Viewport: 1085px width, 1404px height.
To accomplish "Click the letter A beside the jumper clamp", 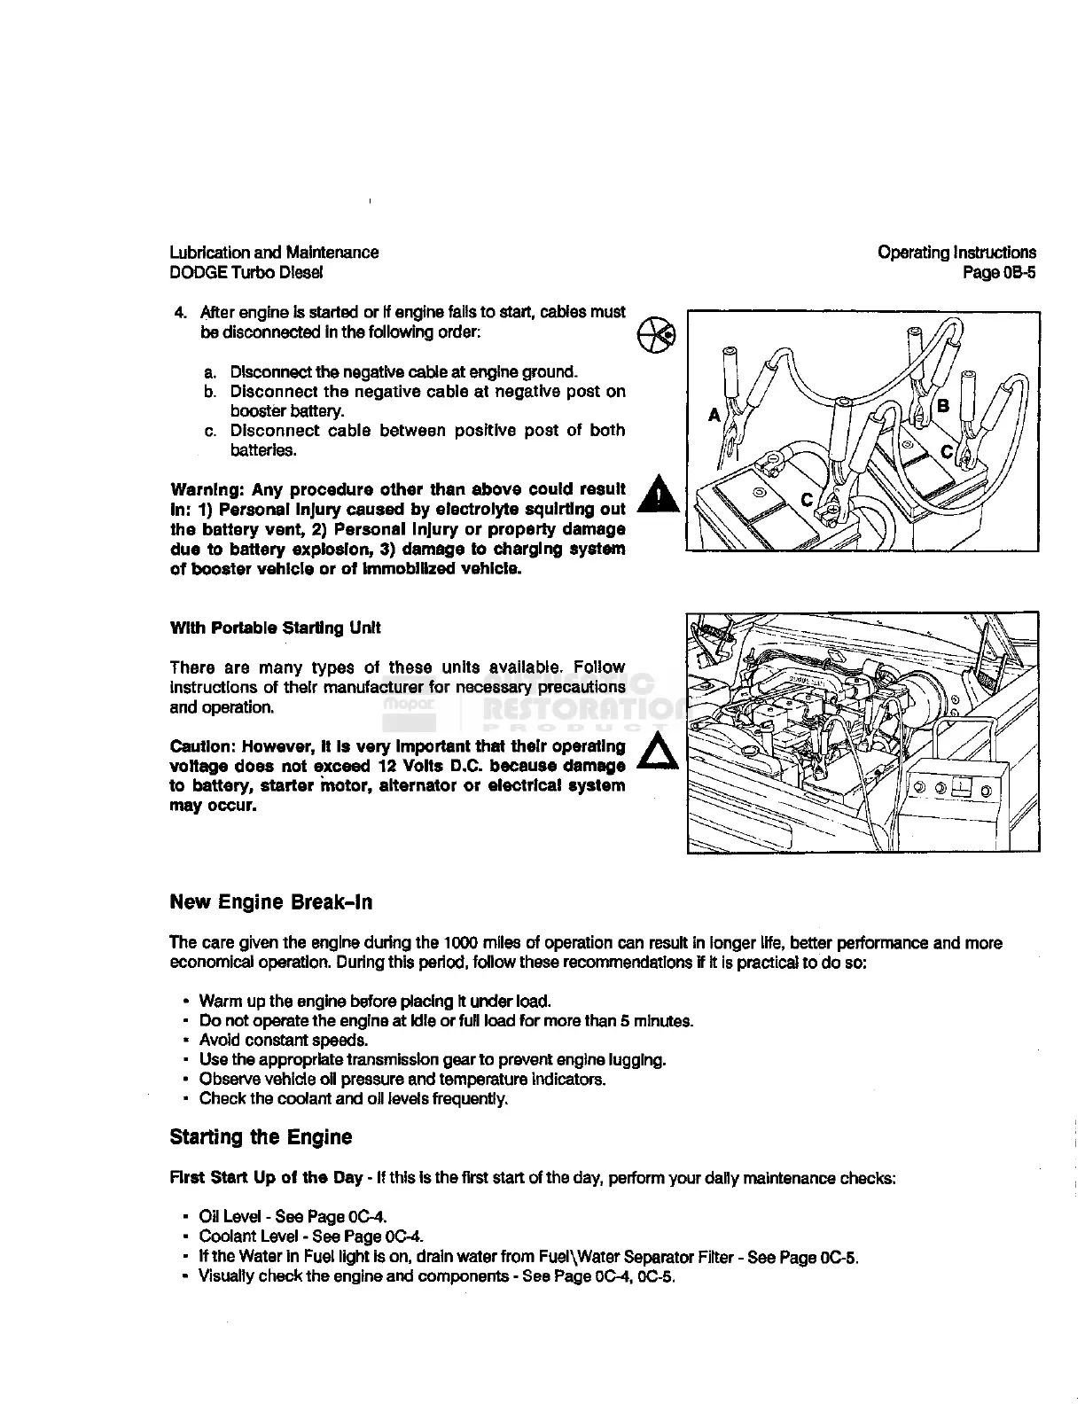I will point(714,414).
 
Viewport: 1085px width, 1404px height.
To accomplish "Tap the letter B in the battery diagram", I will point(942,406).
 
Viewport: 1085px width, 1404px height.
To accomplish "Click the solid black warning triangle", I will point(659,495).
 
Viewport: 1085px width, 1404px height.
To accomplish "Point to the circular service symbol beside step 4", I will point(657,332).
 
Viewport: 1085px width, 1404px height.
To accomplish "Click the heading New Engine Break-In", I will point(271,902).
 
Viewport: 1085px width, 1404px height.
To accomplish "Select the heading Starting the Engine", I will point(261,1137).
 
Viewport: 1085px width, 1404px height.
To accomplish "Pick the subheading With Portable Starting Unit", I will point(275,628).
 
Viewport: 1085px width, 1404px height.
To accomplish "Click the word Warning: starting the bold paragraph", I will point(207,489).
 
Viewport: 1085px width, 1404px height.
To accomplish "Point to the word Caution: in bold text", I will point(202,746).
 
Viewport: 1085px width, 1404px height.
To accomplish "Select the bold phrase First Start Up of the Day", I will point(266,1178).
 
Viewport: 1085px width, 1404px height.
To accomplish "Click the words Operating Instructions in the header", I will point(956,253).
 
